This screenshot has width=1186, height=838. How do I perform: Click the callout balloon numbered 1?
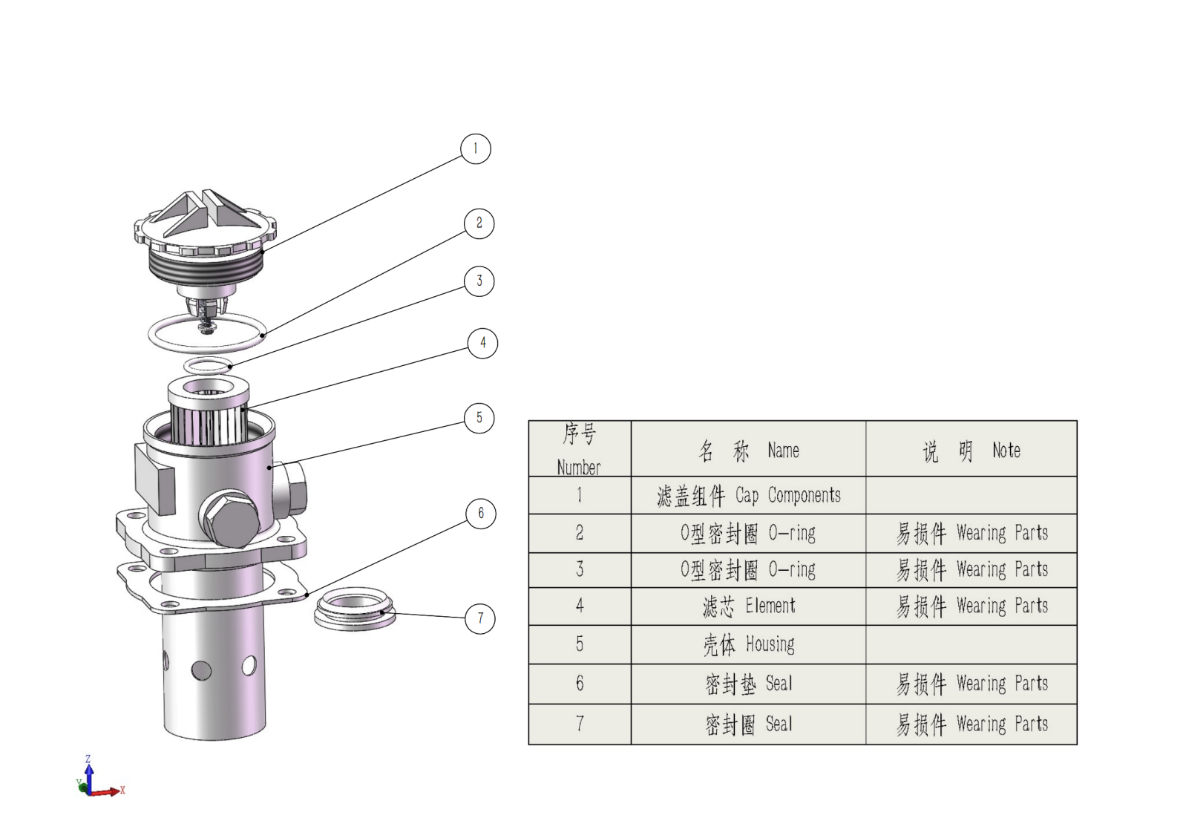[476, 148]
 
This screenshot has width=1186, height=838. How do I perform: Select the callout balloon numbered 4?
[482, 344]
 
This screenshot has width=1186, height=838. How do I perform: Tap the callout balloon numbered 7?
[479, 618]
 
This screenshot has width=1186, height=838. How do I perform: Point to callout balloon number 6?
[481, 514]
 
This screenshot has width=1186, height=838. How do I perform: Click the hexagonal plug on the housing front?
[229, 520]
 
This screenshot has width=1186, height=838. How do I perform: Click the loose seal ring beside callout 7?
[355, 609]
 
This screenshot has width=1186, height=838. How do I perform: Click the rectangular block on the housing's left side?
[154, 479]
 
